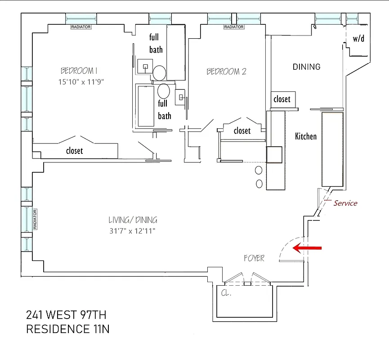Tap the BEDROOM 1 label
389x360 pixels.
pyautogui.click(x=79, y=71)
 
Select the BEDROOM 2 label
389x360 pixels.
pyautogui.click(x=227, y=72)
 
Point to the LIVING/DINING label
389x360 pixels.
pyautogui.click(x=133, y=220)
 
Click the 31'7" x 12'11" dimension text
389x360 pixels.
pyautogui.click(x=133, y=231)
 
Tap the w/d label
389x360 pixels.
pyautogui.click(x=358, y=39)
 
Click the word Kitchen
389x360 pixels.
pyautogui.click(x=306, y=136)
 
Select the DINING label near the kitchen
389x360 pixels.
pyautogui.click(x=306, y=67)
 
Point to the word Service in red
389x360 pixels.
pyautogui.click(x=345, y=203)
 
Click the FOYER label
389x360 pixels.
pyautogui.click(x=254, y=258)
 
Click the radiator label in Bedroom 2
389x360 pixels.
pyautogui.click(x=234, y=27)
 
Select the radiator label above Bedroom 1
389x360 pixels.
pyautogui.click(x=81, y=27)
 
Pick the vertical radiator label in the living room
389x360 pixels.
pyautogui.click(x=34, y=219)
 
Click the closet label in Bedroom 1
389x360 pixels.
pyautogui.click(x=74, y=151)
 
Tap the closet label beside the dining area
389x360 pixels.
pyautogui.click(x=282, y=99)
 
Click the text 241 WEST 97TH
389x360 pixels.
pyautogui.click(x=66, y=314)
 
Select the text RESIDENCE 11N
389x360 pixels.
pyautogui.click(x=68, y=329)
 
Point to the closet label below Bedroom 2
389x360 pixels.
pyautogui.click(x=242, y=130)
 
